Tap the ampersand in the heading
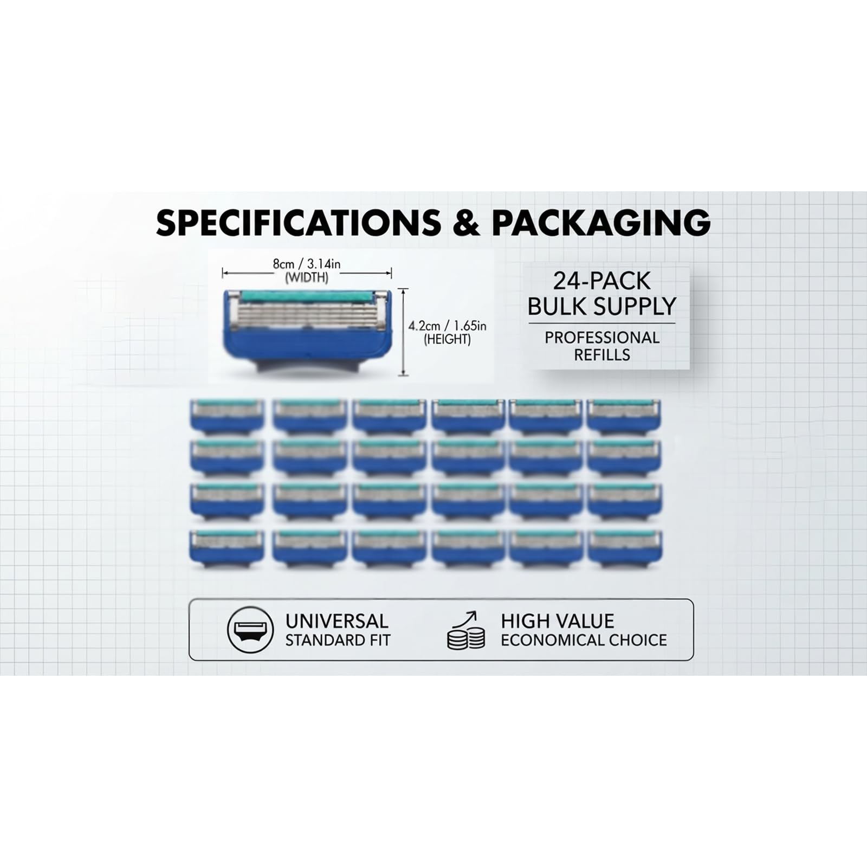coord(467,222)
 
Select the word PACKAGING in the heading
coord(601,222)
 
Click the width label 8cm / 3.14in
coord(307,264)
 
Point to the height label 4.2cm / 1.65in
coord(447,326)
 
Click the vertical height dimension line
coord(403,332)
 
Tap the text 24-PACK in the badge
coord(601,281)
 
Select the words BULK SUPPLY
coord(601,306)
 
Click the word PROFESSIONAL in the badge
coord(602,338)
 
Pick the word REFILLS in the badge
coord(602,355)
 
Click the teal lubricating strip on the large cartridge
coord(307,296)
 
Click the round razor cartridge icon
coord(250,630)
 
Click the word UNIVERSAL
coord(337,621)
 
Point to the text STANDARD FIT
coord(338,640)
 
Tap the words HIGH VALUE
coord(558,621)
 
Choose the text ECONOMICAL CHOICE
coord(584,640)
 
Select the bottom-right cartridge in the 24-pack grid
coord(624,548)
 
